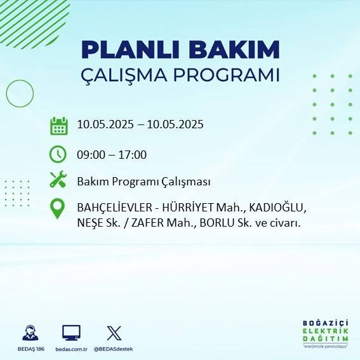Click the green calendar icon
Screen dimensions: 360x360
click(58, 125)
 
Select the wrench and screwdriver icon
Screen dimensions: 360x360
click(58, 180)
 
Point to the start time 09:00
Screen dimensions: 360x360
click(91, 154)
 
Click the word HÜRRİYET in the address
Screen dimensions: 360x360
click(185, 208)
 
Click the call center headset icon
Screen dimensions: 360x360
click(30, 333)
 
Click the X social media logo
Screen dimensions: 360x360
click(114, 333)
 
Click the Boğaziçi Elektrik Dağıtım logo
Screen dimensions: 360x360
click(324, 333)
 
